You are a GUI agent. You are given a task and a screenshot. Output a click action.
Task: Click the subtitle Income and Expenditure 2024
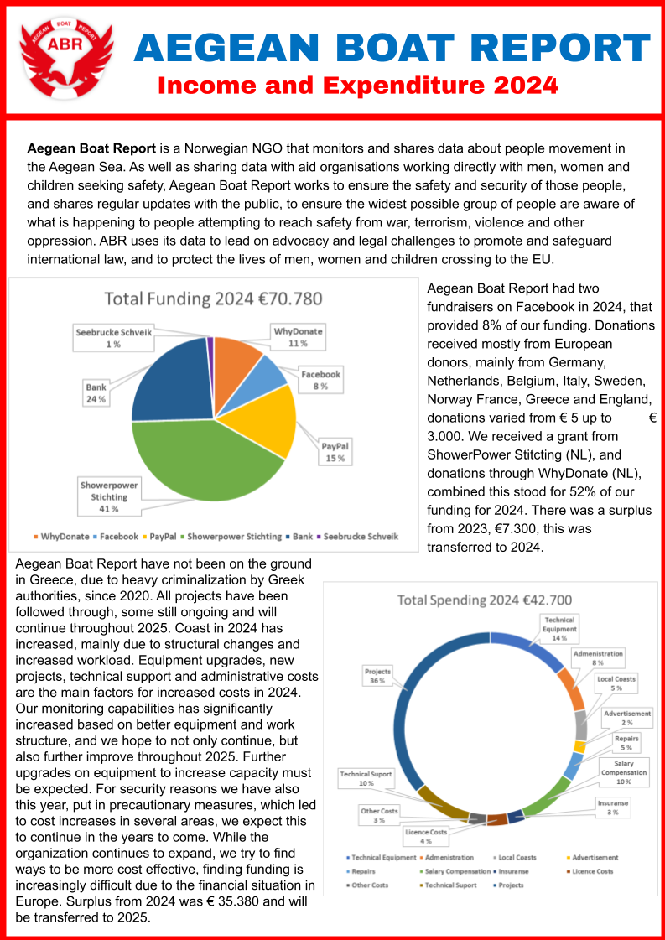tap(358, 86)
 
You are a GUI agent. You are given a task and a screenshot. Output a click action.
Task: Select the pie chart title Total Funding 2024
tap(213, 299)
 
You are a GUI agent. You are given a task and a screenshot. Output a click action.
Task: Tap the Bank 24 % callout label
tap(96, 393)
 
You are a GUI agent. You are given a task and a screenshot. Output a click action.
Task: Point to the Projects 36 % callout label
tap(377, 675)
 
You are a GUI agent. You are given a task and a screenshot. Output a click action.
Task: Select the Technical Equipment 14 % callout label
tap(559, 628)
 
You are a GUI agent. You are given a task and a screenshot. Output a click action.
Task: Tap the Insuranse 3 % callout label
tap(613, 808)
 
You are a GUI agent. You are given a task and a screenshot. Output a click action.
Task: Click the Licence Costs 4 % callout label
tap(426, 836)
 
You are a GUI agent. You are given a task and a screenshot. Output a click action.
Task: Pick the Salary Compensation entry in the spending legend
tap(454, 871)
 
